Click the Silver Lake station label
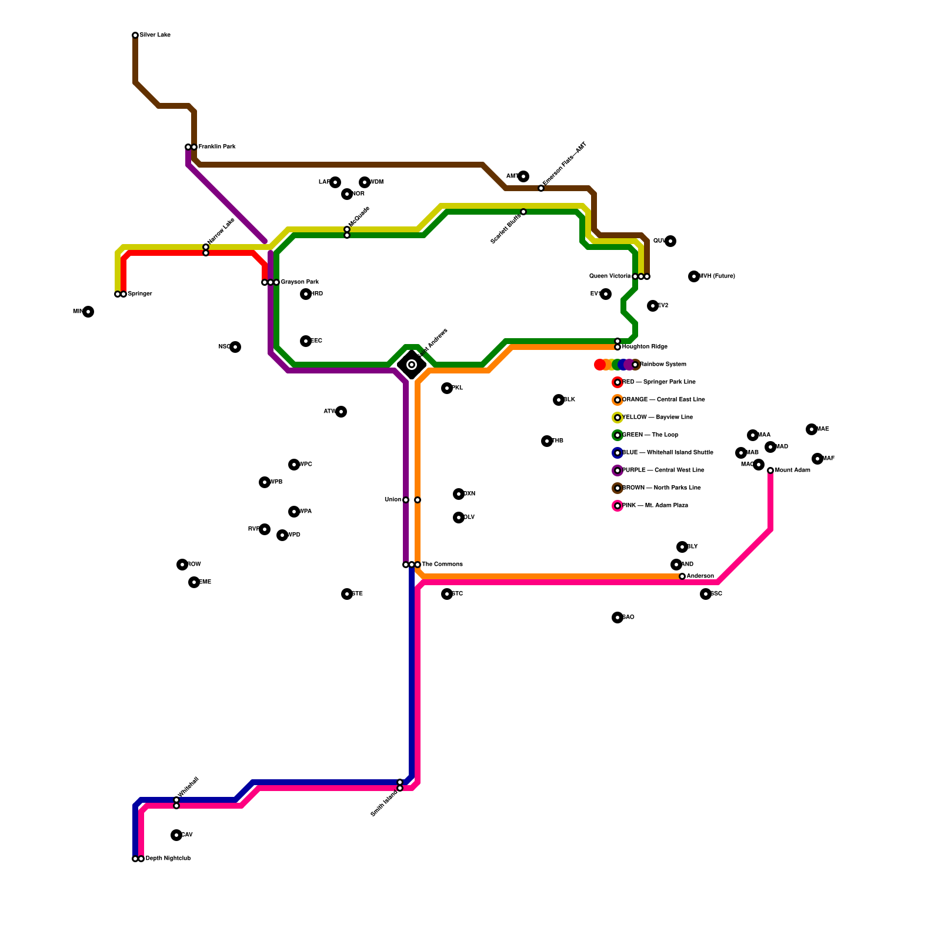[x=155, y=35]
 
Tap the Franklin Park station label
[x=216, y=147]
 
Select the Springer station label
[x=139, y=294]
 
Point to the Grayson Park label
[x=299, y=282]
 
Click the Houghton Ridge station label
[x=645, y=347]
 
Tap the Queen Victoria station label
[x=610, y=276]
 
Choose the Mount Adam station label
[x=792, y=470]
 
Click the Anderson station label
[x=700, y=576]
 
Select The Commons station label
[x=442, y=565]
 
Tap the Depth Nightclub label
[x=168, y=859]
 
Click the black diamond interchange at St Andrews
[x=412, y=365]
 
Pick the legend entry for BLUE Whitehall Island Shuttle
[x=668, y=453]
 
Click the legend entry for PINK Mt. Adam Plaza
[x=655, y=506]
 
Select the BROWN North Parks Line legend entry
[x=661, y=488]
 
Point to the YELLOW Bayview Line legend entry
[x=657, y=418]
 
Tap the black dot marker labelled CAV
[x=176, y=835]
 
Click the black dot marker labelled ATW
[x=341, y=412]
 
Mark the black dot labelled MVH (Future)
[x=694, y=276]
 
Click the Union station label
[x=393, y=500]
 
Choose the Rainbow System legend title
[x=663, y=365]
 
